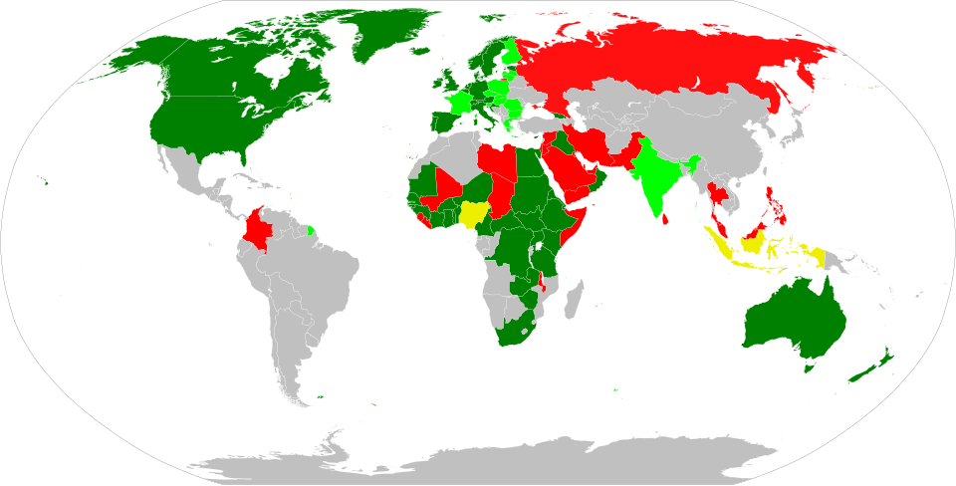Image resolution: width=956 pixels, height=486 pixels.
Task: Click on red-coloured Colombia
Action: (x=261, y=230)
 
